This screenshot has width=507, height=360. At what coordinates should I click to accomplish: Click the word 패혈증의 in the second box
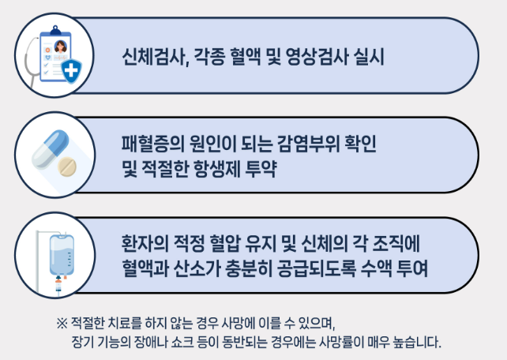tap(146, 144)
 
